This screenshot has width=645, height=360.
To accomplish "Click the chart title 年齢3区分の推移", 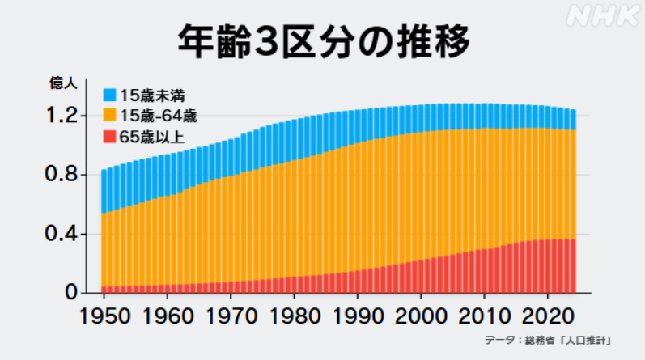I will pyautogui.click(x=323, y=41).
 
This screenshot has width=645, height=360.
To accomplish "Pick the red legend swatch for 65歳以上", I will pyautogui.click(x=108, y=135).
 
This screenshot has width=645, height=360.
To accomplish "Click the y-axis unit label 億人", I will pyautogui.click(x=64, y=82).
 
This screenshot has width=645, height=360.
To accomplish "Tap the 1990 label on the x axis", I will pyautogui.click(x=356, y=314).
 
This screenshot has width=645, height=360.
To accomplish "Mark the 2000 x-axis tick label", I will pyautogui.click(x=420, y=314).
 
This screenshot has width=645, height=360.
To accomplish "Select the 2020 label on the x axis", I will pyautogui.click(x=547, y=314).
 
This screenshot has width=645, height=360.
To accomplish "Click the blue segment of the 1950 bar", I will pyautogui.click(x=104, y=191).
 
